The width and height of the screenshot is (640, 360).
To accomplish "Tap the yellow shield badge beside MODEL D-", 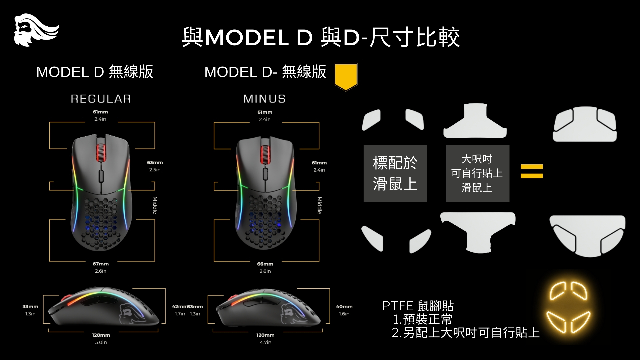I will (x=346, y=76).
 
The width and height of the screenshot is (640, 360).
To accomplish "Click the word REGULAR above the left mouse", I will (x=101, y=99).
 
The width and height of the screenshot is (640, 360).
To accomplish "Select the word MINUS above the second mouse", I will (x=264, y=99).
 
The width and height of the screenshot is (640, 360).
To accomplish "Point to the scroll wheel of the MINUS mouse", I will (x=265, y=155).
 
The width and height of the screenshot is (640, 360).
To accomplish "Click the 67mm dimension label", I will (x=101, y=264).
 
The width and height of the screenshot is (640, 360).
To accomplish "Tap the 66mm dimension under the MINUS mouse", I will (x=265, y=264).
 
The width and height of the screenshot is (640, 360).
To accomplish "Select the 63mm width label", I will (x=155, y=163).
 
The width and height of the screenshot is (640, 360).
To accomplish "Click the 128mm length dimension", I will (x=101, y=335).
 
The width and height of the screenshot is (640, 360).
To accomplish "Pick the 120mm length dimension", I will (x=265, y=335).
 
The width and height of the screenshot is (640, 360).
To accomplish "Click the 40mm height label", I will (x=344, y=307).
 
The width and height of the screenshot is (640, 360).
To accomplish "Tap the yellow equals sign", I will (x=532, y=171).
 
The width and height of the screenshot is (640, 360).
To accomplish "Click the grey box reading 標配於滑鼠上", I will (x=395, y=173).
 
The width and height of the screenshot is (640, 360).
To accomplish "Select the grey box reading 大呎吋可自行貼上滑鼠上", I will (x=477, y=173).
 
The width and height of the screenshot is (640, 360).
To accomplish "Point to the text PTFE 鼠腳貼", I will (x=418, y=306).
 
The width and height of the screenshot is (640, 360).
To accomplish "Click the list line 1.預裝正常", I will (x=422, y=319).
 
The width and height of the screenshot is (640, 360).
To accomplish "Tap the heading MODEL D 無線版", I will (x=95, y=72).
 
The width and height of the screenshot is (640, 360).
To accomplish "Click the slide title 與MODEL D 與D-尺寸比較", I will (x=321, y=37).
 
